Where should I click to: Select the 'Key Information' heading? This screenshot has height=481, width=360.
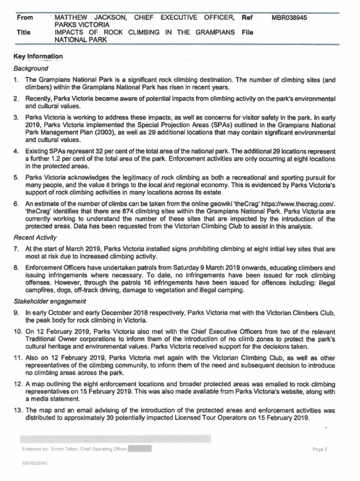coord(38,57)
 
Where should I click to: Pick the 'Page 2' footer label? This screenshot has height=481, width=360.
coord(320,449)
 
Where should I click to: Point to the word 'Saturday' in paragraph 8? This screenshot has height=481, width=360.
coord(213,268)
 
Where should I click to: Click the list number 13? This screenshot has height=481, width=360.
coord(18,410)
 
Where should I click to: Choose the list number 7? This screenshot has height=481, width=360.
coord(16,248)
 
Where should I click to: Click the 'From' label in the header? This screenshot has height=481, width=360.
coord(25,18)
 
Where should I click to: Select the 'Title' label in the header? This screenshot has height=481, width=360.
coord(23,33)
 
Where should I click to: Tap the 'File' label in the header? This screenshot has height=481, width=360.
coord(248,33)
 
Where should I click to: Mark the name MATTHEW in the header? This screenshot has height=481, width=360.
coord(72,18)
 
